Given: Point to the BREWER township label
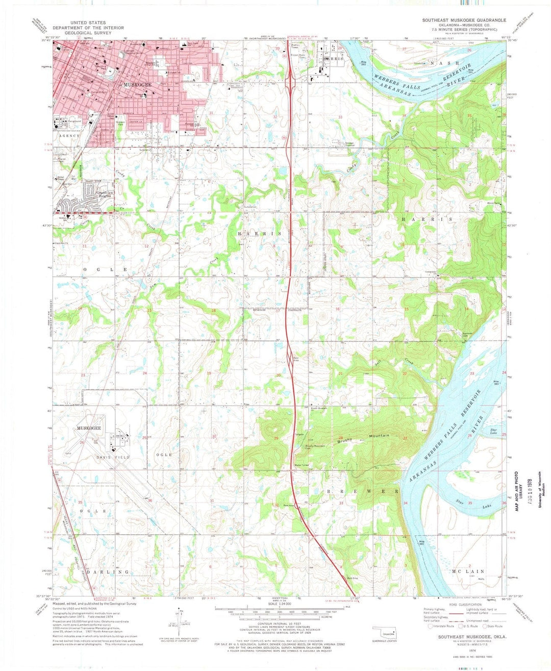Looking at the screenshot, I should click(x=363, y=491).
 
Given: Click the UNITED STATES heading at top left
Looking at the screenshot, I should click(x=88, y=23).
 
